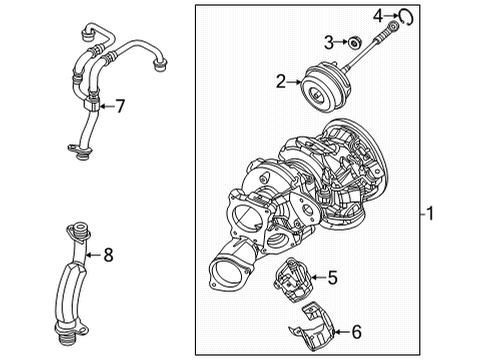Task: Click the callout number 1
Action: click(430, 213)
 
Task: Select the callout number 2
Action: click(281, 82)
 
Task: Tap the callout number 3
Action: click(329, 43)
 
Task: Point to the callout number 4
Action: click(378, 16)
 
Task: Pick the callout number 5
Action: click(332, 277)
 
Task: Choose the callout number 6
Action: click(356, 332)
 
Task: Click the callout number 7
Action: click(120, 106)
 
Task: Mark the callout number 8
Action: click(108, 255)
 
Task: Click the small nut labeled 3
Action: click(353, 43)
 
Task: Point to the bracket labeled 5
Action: click(292, 279)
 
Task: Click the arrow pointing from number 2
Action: click(294, 82)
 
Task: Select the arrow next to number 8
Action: click(94, 255)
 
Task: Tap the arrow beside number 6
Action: click(342, 332)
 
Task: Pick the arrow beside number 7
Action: click(107, 106)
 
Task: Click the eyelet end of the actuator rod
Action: click(394, 25)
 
